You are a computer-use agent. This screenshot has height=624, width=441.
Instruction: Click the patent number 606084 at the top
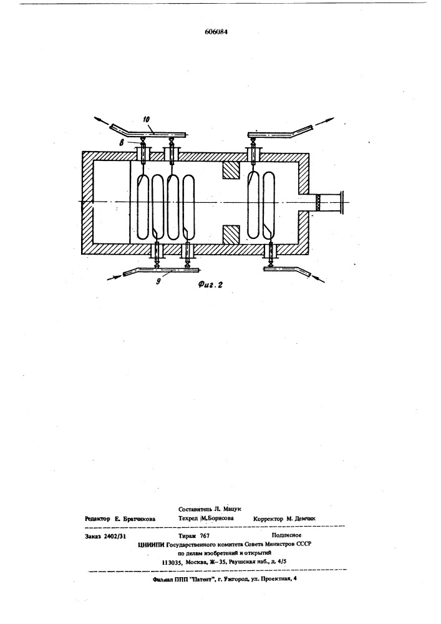(216, 32)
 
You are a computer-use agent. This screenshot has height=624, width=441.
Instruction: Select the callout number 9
(158, 281)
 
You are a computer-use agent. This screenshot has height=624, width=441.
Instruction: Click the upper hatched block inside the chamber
(231, 171)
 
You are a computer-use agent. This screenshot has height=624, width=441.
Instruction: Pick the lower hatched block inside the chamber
(231, 235)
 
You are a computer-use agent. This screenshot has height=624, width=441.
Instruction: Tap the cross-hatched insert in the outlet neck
(318, 203)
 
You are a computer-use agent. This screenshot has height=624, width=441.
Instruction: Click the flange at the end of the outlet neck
(342, 203)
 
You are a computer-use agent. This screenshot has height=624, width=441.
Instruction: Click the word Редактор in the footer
(97, 519)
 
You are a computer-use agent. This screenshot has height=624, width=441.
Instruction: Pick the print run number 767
(205, 536)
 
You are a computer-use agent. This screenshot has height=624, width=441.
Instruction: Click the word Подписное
(287, 535)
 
